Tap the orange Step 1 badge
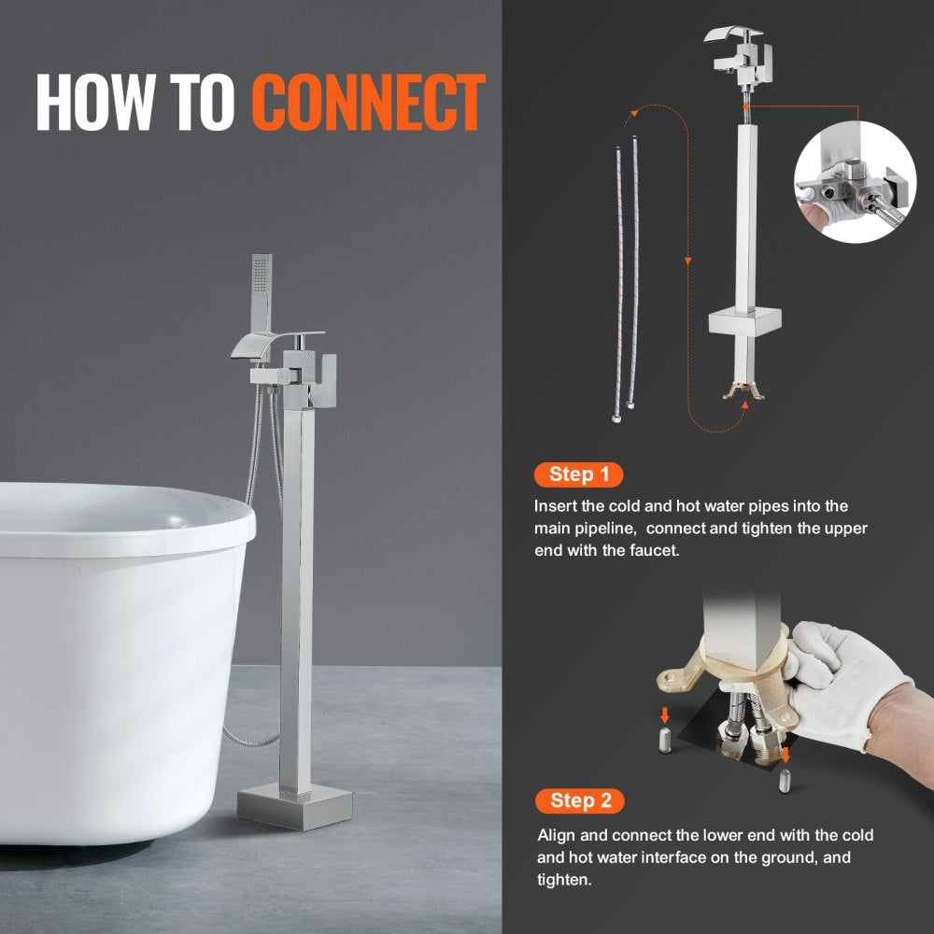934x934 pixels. coord(579,474)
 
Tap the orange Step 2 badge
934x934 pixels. coord(580,800)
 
